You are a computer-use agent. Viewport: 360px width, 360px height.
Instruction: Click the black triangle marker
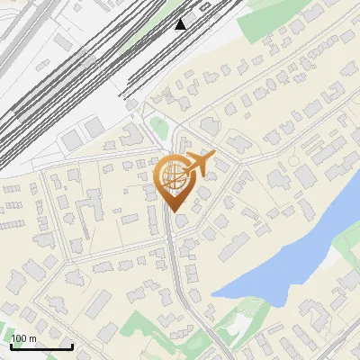click(x=181, y=23)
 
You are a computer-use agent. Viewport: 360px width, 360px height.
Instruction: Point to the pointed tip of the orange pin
click(x=171, y=212)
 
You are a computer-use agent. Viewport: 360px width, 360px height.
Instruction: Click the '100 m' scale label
click(x=24, y=338)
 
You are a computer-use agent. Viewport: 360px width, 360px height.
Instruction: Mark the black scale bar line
click(x=41, y=346)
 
